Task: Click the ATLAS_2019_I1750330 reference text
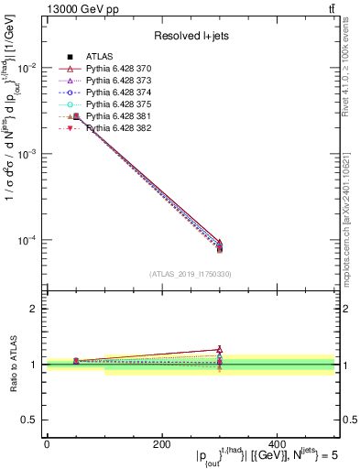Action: (x=191, y=274)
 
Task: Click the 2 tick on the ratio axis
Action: (x=37, y=309)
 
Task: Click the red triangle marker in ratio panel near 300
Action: (x=219, y=349)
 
